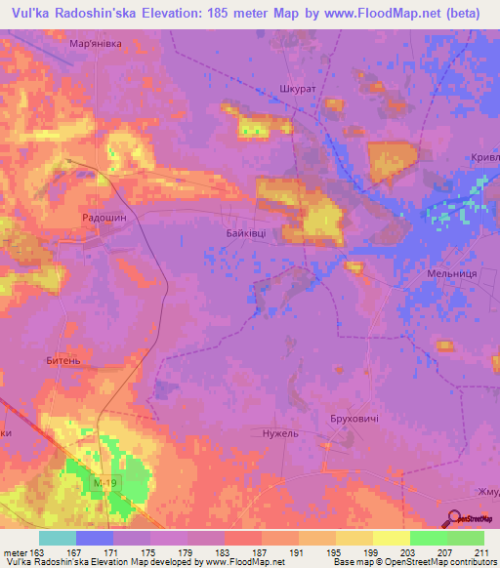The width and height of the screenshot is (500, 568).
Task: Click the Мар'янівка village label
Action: [x=95, y=45]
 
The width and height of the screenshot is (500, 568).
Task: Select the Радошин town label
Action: [x=104, y=220]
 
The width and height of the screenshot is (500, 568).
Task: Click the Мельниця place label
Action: [x=451, y=274]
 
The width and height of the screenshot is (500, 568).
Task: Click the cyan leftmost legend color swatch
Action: [x=58, y=538]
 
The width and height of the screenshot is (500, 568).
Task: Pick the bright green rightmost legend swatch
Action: [x=465, y=538]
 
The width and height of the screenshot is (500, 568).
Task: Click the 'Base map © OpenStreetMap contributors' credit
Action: [x=413, y=562]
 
